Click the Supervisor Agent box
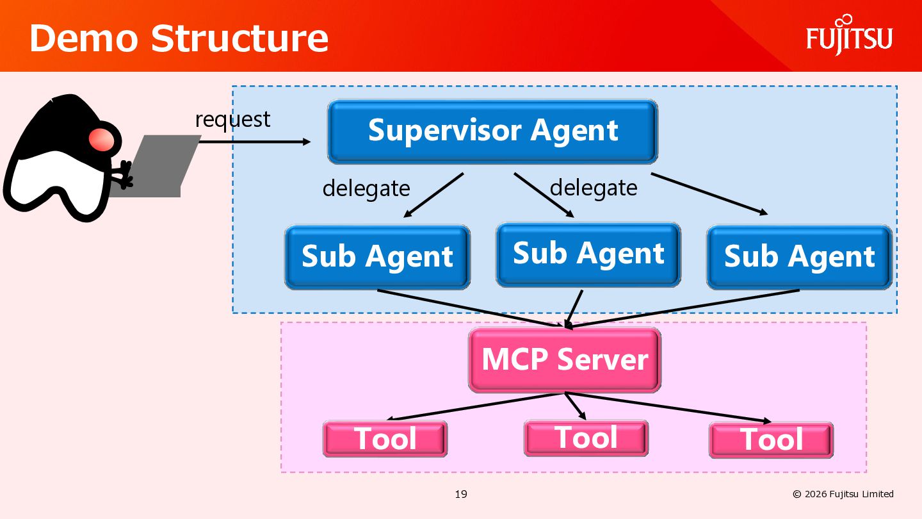point(492,131)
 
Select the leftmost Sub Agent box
point(377,256)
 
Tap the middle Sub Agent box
point(588,254)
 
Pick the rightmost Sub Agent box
point(799,256)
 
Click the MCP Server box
point(565,359)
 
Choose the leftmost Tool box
point(385,439)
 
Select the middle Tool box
point(586,438)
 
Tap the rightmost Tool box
point(772,440)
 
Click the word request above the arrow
point(232,120)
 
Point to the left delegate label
point(366,189)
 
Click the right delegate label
point(594,188)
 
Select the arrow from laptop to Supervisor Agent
point(254,142)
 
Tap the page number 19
point(460,494)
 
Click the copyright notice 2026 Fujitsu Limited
point(843,494)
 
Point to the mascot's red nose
point(102,139)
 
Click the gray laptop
point(158,166)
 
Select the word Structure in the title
point(240,38)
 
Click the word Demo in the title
point(83,38)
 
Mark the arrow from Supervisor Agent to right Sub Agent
point(709,194)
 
